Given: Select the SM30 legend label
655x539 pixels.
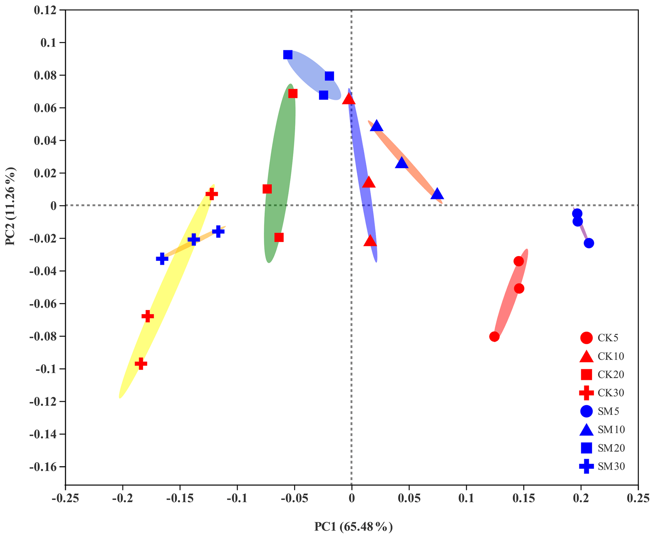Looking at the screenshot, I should point(611,466).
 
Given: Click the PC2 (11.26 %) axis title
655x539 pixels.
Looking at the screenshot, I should point(10,206).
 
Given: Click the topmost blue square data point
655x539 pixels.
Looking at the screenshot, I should point(288,55).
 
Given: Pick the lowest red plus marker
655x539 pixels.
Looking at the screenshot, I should point(141,364).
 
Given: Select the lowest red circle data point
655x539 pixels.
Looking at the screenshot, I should point(494,337).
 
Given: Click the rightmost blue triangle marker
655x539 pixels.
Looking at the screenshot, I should point(437,193).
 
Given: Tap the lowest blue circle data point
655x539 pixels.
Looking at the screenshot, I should point(589,243).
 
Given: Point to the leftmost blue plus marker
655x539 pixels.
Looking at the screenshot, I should point(162,259).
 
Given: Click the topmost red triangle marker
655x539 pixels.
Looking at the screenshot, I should point(349,99).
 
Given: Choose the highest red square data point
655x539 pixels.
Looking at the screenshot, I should point(293,94).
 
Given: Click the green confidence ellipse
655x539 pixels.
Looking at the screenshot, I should point(279,159).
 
